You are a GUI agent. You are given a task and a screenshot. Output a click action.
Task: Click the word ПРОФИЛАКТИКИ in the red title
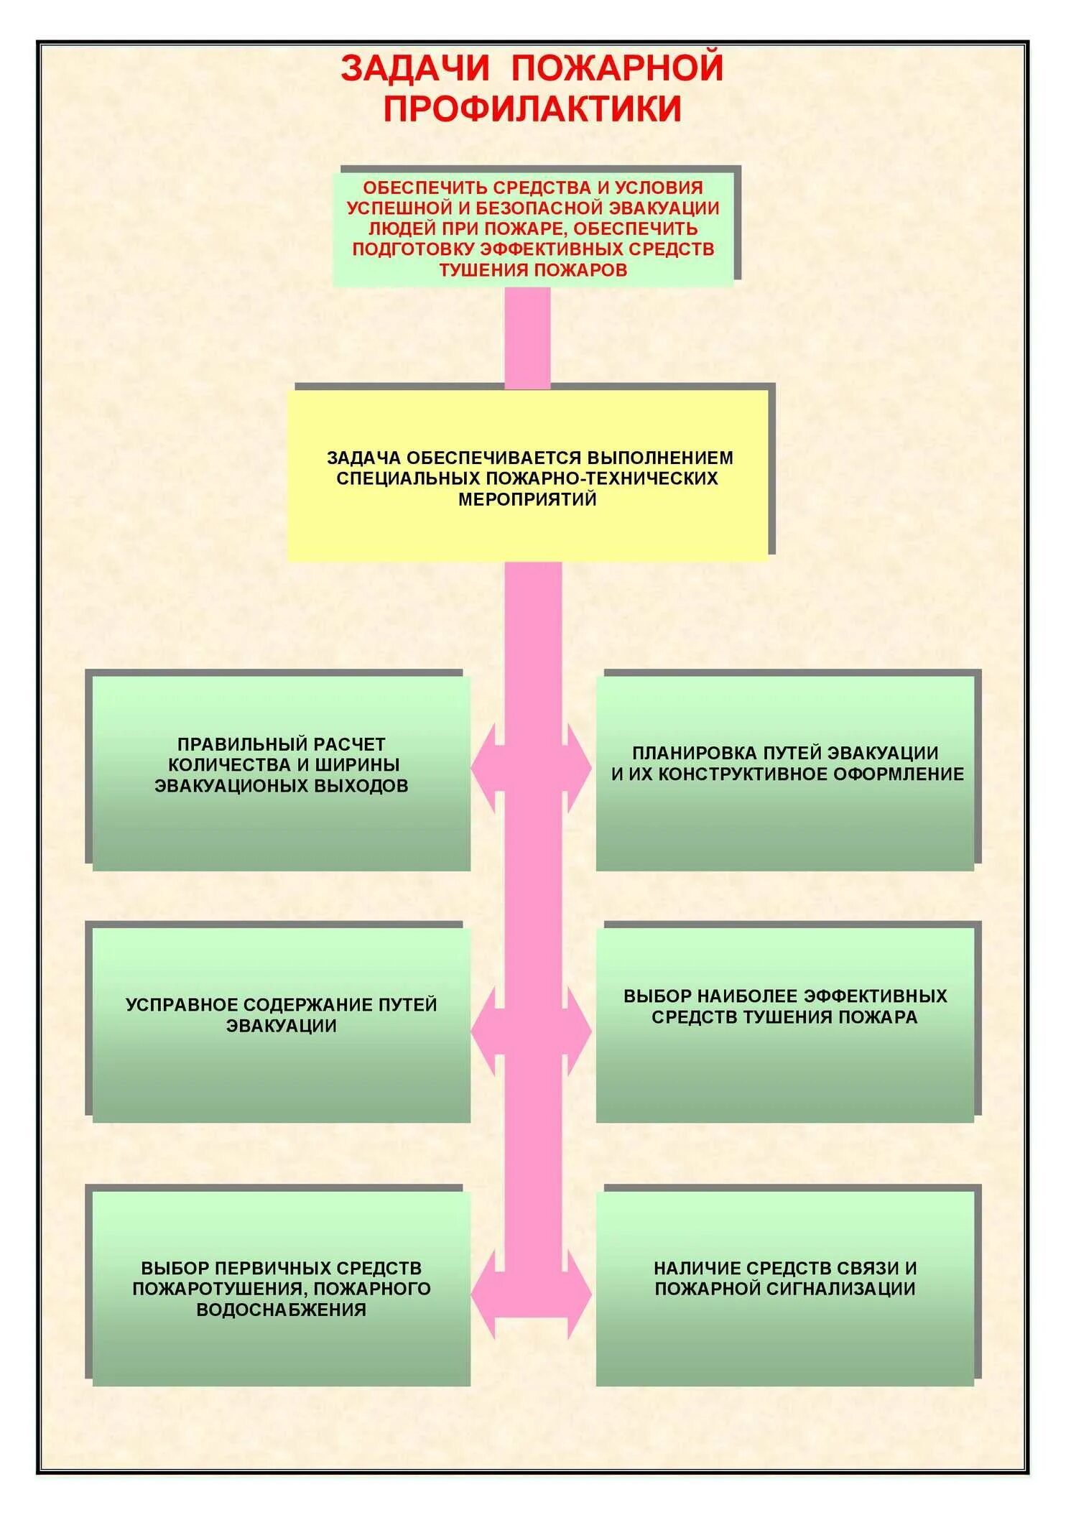(x=532, y=109)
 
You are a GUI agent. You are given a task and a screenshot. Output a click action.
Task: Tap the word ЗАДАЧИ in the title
(x=414, y=68)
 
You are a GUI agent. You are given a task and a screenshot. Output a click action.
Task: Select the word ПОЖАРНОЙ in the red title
(x=617, y=68)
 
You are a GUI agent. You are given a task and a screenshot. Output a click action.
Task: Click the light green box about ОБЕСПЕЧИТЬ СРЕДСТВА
(x=532, y=228)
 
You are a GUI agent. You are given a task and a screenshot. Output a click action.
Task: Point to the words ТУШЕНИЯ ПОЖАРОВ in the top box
(x=533, y=270)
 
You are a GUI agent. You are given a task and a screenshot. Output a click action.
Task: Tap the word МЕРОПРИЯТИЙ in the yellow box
(x=527, y=499)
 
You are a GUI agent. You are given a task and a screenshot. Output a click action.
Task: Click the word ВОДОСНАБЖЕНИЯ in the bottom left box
(x=281, y=1310)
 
